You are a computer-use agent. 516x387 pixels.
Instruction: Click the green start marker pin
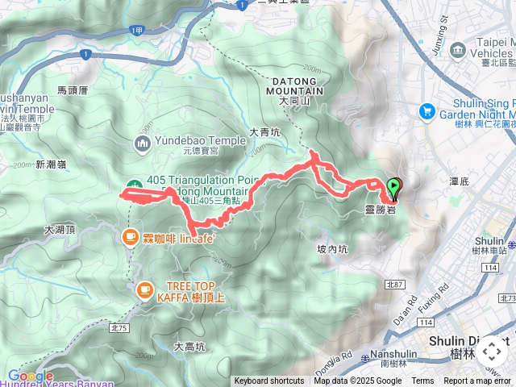tap(393, 188)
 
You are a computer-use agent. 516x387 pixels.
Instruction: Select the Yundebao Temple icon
tap(143, 144)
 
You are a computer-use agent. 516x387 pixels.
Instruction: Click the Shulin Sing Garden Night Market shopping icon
tap(427, 112)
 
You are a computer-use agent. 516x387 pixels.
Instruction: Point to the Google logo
tap(31, 376)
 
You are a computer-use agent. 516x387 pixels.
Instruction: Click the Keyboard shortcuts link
tap(269, 381)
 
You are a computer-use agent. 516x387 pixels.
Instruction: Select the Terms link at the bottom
tap(422, 381)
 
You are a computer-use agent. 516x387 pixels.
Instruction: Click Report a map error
tap(478, 381)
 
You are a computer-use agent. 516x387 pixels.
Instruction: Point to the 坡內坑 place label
tap(332, 250)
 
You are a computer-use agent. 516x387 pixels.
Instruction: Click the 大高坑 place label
tap(190, 347)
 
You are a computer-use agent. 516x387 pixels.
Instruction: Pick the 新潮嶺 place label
tap(50, 164)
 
